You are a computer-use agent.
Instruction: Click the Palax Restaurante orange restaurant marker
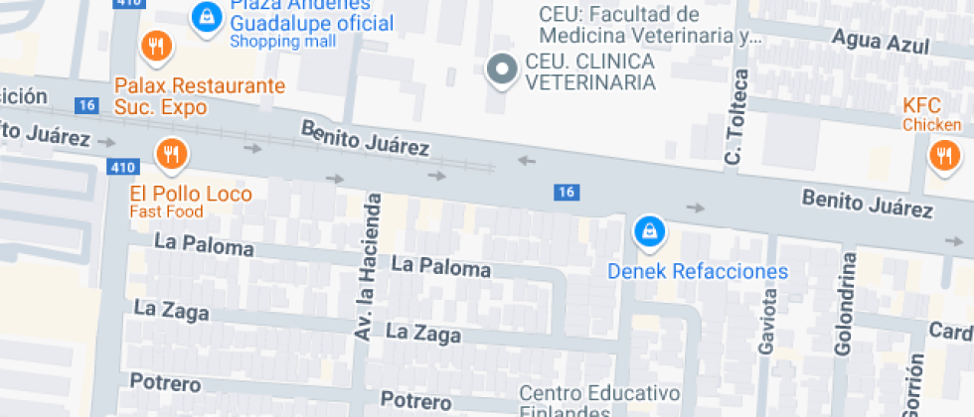[155, 45]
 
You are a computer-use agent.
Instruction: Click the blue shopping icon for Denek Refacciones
[649, 231]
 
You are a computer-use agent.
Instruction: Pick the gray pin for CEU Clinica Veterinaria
[502, 69]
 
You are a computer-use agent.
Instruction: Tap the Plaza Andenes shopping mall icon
[206, 16]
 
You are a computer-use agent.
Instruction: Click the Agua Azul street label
[882, 44]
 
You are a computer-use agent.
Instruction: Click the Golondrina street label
[846, 304]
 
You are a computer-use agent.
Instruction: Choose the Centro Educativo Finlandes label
[598, 400]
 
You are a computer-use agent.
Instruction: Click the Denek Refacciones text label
[697, 271]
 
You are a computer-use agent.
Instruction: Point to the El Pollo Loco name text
[191, 194]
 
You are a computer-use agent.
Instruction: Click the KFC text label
[920, 105]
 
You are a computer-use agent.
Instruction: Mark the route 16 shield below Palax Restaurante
[87, 105]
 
